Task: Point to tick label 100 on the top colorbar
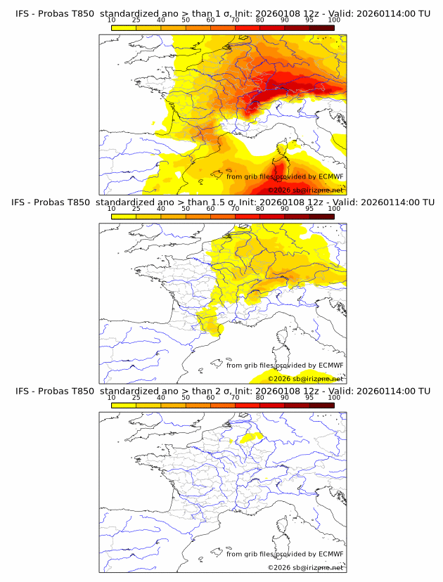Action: point(334,20)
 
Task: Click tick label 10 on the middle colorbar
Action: point(111,209)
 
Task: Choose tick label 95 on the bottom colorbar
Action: point(309,397)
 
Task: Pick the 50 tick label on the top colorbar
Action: point(186,20)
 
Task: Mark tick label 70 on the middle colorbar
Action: point(235,209)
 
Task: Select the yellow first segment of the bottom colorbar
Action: point(124,404)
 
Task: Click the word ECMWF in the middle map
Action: point(330,365)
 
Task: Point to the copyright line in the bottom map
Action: point(305,567)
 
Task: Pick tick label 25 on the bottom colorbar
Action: point(136,397)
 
